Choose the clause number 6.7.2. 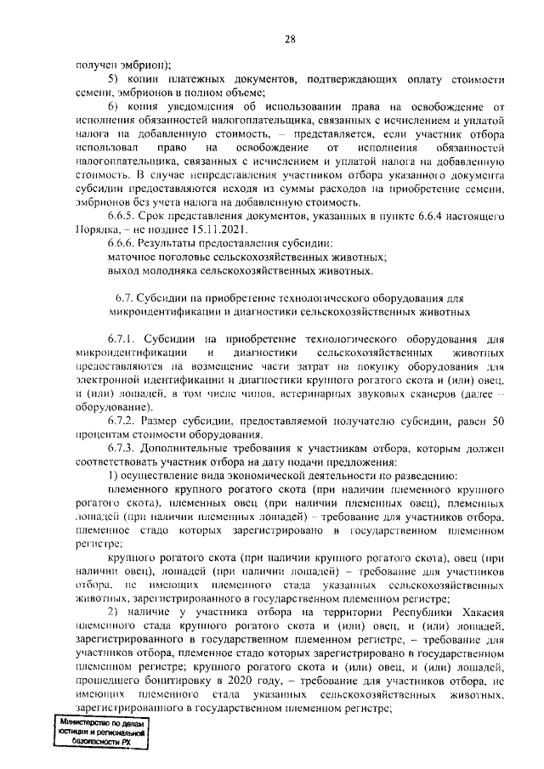tap(123, 421)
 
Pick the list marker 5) tap(116, 79)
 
